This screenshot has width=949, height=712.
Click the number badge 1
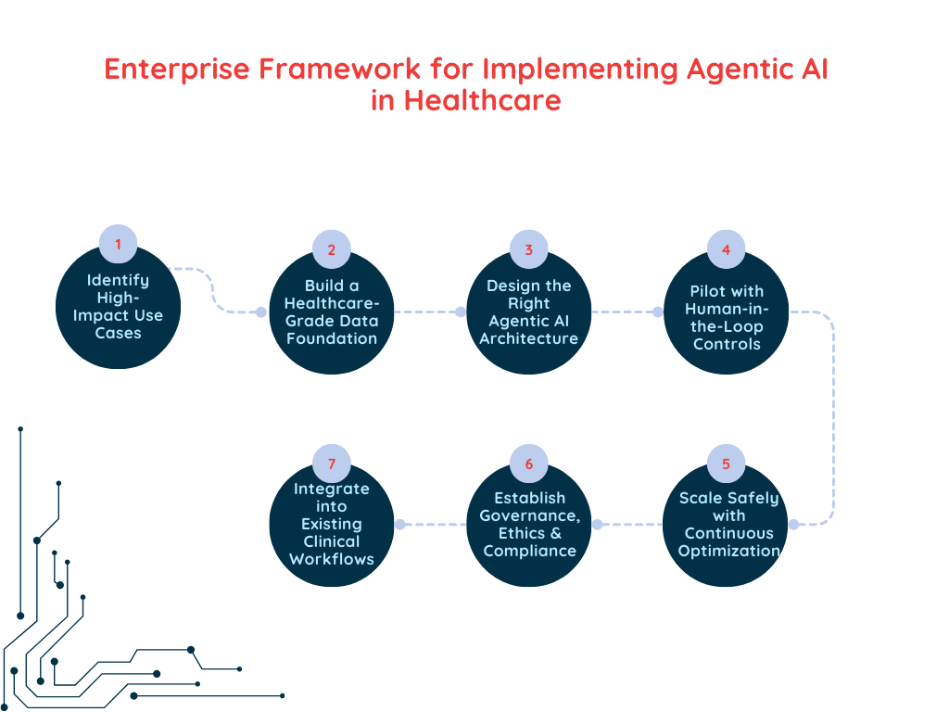click(118, 244)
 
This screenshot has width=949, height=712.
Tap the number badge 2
click(332, 249)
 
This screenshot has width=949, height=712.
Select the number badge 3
click(529, 249)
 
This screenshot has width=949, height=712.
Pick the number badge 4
click(727, 249)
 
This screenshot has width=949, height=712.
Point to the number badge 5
click(727, 464)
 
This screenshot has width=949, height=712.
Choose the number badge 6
click(529, 464)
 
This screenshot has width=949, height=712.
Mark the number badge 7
click(332, 464)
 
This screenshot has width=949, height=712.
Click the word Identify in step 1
click(118, 280)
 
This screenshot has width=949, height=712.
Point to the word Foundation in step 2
click(332, 338)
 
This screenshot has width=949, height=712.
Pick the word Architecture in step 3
click(529, 338)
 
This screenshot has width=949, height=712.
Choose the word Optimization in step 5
click(728, 551)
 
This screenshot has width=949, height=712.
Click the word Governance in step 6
click(529, 515)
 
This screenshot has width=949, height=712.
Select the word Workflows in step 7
click(332, 559)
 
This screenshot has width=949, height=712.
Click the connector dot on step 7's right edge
click(400, 524)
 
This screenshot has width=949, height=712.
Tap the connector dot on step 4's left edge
click(658, 311)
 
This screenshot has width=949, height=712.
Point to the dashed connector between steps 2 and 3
click(427, 311)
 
